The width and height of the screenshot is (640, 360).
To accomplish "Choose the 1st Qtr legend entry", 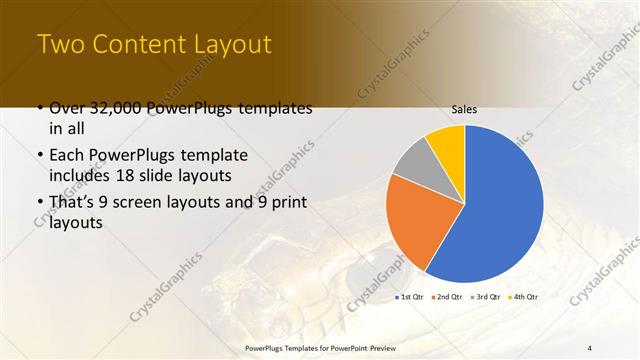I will tap(412, 297).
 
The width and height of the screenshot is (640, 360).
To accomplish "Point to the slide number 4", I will tap(590, 347).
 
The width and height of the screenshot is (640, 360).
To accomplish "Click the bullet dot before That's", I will tap(39, 203).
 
